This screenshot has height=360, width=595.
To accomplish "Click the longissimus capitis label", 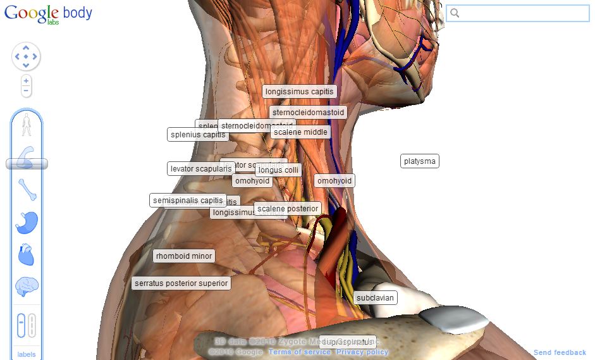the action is tap(299, 92).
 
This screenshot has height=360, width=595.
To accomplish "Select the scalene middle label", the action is tap(301, 132).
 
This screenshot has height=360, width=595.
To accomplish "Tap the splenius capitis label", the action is tap(198, 135).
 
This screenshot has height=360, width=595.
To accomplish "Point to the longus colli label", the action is tap(279, 170).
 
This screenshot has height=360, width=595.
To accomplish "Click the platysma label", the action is tap(420, 161).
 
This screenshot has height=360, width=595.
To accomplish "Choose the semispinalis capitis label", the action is tap(188, 201).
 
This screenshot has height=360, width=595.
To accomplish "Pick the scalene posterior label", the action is tap(288, 209).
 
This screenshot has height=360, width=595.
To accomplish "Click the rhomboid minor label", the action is tap(184, 256).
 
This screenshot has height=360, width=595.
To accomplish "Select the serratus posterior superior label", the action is tap(181, 283).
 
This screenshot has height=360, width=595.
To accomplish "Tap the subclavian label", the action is tap(375, 297).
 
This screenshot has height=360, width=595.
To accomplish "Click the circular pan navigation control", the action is tap(26, 57).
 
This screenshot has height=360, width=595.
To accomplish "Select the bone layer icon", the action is tap(27, 189).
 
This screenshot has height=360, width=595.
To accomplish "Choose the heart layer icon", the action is tap(27, 254).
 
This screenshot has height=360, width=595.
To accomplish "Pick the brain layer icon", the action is tap(27, 287).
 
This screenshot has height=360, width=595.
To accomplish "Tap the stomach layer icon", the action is tap(27, 222).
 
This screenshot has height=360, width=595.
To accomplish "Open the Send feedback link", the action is tap(560, 352).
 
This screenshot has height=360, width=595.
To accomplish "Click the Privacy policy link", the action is tap(362, 352).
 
